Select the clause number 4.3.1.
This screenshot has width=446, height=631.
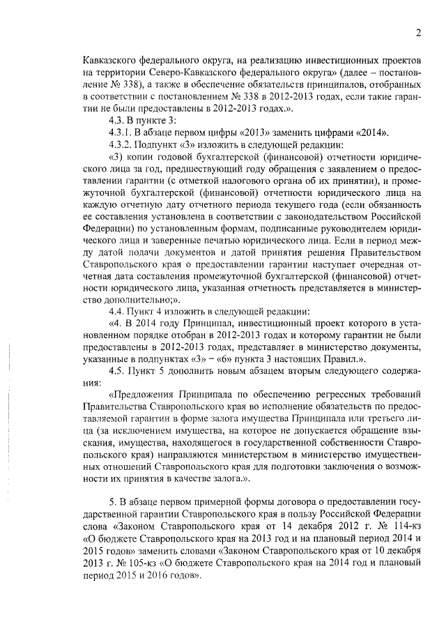point(115,133)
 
